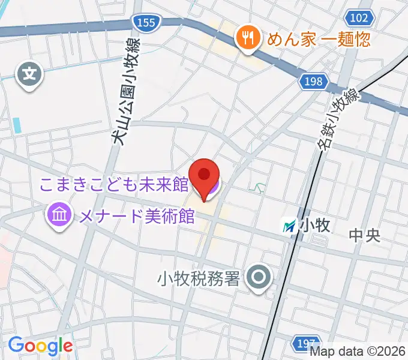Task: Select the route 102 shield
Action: [x=358, y=18]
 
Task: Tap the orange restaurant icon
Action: [x=247, y=38]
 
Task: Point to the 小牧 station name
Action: [x=316, y=226]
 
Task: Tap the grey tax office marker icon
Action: [x=259, y=277]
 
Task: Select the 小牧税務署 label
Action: [x=199, y=278]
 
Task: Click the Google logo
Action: [x=40, y=346]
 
